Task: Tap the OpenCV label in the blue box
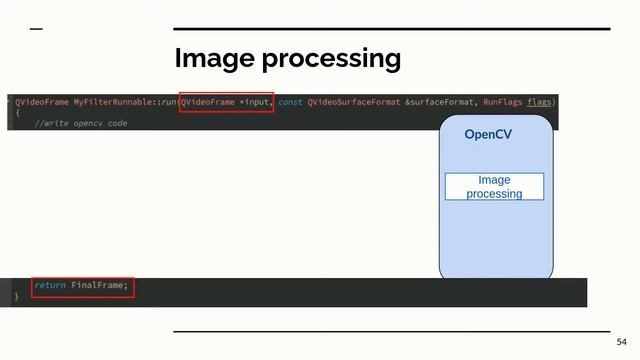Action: click(488, 134)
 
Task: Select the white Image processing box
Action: click(494, 187)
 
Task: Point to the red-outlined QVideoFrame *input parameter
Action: click(226, 102)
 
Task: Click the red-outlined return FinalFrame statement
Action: click(82, 286)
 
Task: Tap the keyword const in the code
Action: click(290, 102)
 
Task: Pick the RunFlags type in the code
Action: click(503, 102)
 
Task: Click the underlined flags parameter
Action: click(540, 102)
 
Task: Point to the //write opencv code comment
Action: click(81, 123)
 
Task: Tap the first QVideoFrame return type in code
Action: click(41, 102)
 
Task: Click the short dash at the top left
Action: click(36, 29)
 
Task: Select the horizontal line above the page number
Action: click(391, 331)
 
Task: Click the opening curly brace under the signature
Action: click(17, 113)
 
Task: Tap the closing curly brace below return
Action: click(16, 297)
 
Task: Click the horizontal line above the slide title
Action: click(391, 29)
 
